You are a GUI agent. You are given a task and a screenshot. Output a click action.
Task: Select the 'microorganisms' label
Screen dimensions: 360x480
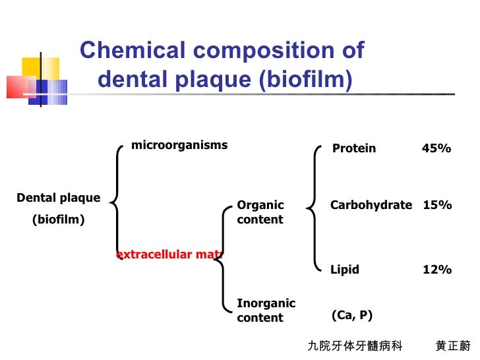tap(179, 145)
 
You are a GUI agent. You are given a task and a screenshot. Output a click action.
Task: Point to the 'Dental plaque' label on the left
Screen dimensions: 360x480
tap(59, 198)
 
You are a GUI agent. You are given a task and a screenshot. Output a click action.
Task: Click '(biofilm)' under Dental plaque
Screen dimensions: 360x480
tap(59, 220)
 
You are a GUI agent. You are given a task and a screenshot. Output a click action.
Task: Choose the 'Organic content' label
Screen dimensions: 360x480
tap(260, 212)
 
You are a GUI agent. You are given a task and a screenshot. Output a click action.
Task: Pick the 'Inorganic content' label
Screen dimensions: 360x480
tap(266, 311)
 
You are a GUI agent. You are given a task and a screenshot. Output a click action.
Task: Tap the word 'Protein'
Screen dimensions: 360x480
tap(354, 148)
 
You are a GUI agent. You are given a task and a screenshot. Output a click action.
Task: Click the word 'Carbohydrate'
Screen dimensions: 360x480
tap(371, 205)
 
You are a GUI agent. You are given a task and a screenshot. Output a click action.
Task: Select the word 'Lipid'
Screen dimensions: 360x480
tap(345, 270)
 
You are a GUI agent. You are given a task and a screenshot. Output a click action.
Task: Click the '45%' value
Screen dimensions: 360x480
tap(436, 148)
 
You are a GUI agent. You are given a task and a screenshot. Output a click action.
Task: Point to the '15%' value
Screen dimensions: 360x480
tap(437, 205)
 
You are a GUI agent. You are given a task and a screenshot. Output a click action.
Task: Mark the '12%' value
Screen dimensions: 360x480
tap(437, 270)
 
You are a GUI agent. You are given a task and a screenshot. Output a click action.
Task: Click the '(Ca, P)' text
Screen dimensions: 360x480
tap(352, 315)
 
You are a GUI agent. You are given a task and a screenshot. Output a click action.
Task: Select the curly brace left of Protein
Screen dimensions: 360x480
tap(315, 208)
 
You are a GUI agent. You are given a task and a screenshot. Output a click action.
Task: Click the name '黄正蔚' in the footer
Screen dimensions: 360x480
tap(453, 346)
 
